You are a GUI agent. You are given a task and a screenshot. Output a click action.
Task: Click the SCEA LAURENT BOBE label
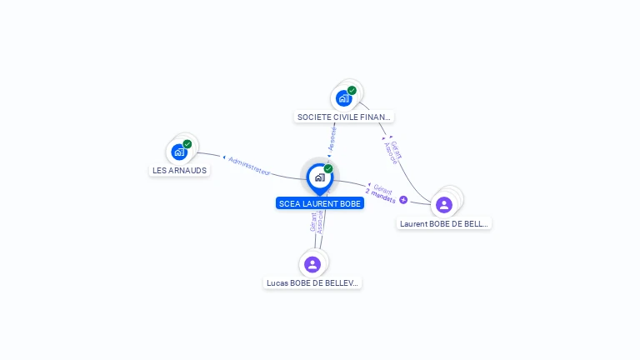click(x=320, y=203)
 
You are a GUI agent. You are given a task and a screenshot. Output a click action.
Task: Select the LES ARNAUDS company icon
click(x=179, y=152)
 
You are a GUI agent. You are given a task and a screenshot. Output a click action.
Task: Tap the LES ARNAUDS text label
click(x=179, y=170)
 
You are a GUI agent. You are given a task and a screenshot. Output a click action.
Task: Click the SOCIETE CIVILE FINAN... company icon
click(x=343, y=98)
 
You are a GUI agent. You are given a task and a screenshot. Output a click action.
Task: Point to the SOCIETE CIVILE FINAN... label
click(x=344, y=117)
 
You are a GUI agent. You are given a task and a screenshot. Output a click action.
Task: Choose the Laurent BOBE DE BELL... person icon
click(x=444, y=204)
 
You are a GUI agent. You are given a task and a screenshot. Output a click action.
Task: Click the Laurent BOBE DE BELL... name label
click(x=443, y=223)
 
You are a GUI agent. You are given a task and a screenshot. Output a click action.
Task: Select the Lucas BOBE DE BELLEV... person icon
click(x=312, y=264)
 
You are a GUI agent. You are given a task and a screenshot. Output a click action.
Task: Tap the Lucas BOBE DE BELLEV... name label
click(x=312, y=282)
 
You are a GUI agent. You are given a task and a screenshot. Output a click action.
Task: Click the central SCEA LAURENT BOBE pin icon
click(x=319, y=177)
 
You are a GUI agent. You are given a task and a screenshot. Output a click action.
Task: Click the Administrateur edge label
click(x=249, y=166)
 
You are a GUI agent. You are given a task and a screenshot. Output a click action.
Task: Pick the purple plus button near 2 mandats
click(x=403, y=200)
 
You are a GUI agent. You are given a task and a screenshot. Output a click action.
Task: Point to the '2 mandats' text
click(x=380, y=196)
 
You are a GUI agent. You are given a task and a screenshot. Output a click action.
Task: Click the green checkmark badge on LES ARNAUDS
click(x=187, y=144)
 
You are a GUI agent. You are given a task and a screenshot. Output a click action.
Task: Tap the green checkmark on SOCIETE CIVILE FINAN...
click(x=352, y=91)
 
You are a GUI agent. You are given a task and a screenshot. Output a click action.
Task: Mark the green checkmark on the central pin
click(x=328, y=168)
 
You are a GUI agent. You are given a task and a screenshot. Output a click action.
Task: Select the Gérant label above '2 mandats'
click(x=382, y=187)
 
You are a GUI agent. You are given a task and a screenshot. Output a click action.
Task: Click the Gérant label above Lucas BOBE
click(x=313, y=222)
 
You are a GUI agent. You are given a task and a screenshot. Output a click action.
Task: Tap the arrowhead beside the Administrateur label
click(x=224, y=157)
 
